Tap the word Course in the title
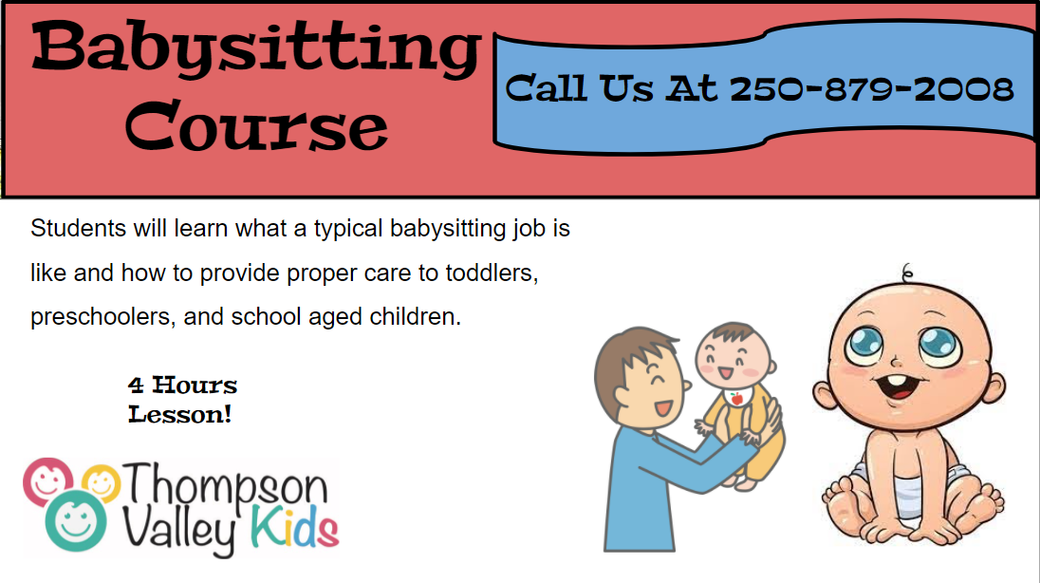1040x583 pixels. click(x=256, y=125)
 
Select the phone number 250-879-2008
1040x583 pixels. click(x=871, y=89)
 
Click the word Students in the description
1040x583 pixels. click(x=78, y=229)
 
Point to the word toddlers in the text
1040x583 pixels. click(x=492, y=273)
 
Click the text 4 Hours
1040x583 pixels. click(x=182, y=386)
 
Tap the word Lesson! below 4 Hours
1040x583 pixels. click(x=179, y=415)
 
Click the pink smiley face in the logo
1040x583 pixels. click(x=47, y=480)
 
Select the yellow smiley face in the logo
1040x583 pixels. click(x=102, y=482)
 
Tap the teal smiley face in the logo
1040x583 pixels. click(x=76, y=521)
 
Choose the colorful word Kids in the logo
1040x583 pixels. click(x=294, y=527)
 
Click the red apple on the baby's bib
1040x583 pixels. click(x=736, y=399)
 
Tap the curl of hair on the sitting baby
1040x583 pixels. click(x=907, y=272)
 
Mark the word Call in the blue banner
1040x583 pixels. click(x=547, y=88)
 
